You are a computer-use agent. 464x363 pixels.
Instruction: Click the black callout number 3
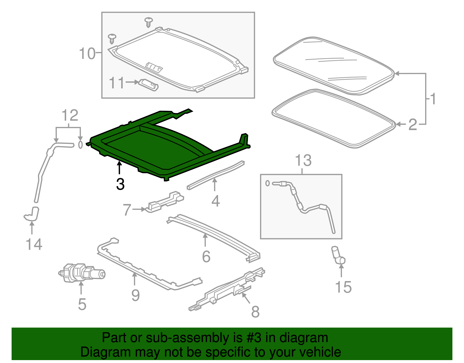click(x=120, y=184)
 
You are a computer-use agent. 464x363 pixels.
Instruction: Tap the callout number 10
click(x=87, y=54)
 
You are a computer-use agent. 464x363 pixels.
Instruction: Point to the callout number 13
click(x=303, y=160)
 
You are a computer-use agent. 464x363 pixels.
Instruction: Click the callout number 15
click(x=343, y=287)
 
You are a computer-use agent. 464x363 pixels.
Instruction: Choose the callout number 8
click(x=255, y=312)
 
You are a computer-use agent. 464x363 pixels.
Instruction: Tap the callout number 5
click(x=82, y=304)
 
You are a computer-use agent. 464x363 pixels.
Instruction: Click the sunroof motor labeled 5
click(x=81, y=273)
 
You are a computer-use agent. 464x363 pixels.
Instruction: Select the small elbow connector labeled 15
click(x=338, y=256)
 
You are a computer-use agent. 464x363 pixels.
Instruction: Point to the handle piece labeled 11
click(x=149, y=85)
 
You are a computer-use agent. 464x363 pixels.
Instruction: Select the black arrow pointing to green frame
click(x=119, y=168)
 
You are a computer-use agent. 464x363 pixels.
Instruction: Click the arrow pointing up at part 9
click(x=134, y=279)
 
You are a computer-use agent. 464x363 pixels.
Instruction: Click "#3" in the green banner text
click(x=254, y=338)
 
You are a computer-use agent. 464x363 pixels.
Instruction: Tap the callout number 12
click(x=70, y=115)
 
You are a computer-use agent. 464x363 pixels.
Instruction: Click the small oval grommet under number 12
click(x=80, y=144)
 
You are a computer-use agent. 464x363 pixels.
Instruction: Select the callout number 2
click(x=412, y=125)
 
